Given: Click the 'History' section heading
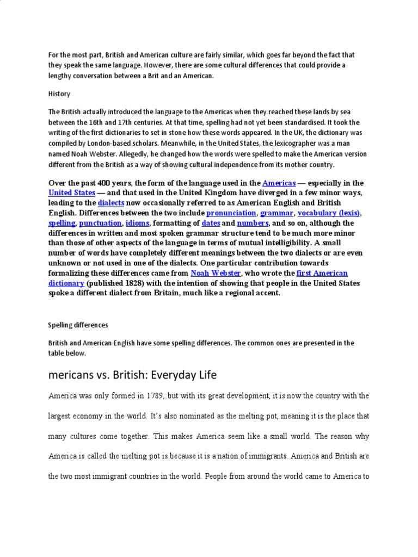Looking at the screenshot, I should pyautogui.click(x=59, y=94).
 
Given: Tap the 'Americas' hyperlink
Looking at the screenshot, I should pyautogui.click(x=280, y=183).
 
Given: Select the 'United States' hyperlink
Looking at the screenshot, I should pyautogui.click(x=72, y=193).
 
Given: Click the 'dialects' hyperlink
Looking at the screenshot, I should pyautogui.click(x=112, y=203).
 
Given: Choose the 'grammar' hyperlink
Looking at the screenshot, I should pyautogui.click(x=277, y=213).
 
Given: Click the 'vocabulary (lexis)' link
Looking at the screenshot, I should pyautogui.click(x=329, y=213).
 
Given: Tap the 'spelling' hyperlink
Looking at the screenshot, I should pyautogui.click(x=61, y=223).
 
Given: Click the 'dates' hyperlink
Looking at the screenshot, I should pyautogui.click(x=211, y=223).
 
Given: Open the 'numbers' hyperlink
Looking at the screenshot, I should pyautogui.click(x=253, y=223).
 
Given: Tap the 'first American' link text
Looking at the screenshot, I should pyautogui.click(x=322, y=273).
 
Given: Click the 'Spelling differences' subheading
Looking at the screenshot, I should pyautogui.click(x=78, y=325).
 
